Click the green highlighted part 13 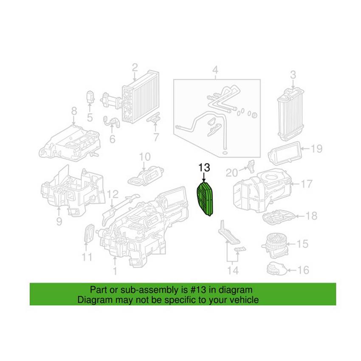205,199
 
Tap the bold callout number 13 204,168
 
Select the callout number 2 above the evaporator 135,67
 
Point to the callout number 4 215,70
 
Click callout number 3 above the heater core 293,75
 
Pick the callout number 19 316,149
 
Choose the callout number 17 307,184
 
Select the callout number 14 233,270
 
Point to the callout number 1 115,271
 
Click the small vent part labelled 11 89,233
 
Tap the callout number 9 59,221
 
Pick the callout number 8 74,111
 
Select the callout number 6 112,139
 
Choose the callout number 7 156,137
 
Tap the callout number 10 145,157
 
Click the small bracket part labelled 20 250,166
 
